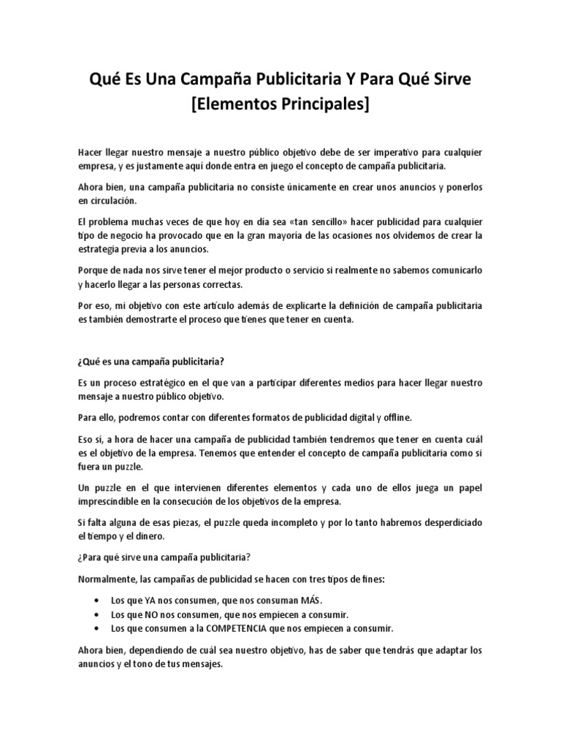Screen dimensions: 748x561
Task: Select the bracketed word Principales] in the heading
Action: tap(325, 105)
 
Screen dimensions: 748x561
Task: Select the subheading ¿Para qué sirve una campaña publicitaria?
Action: tap(164, 557)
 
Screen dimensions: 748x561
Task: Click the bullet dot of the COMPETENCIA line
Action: tap(98, 627)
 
